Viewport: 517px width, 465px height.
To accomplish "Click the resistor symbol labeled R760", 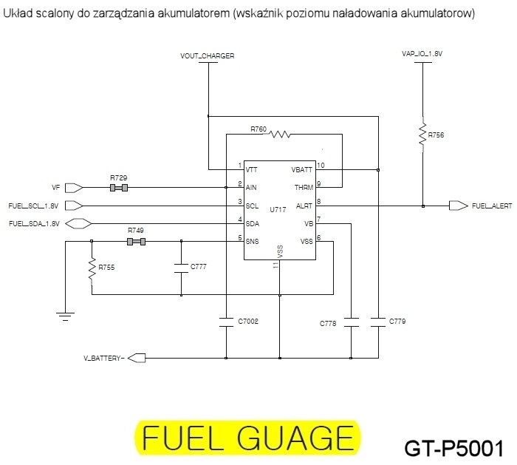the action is coord(280,135).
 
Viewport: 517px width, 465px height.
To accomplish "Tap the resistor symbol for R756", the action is coord(422,135).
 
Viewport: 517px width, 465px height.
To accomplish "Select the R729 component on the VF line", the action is coord(119,188).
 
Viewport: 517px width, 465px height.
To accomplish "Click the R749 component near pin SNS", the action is coord(136,242).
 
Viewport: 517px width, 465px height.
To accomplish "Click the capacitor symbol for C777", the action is coord(181,268).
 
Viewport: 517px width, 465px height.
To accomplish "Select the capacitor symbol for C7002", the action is coord(226,322).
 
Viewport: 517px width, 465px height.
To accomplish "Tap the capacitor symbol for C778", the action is coord(351,322).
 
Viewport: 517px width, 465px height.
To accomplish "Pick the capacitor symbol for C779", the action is coord(378,322).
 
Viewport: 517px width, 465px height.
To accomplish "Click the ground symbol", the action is coord(65,316).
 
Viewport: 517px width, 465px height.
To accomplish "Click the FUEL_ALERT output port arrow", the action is coord(459,206).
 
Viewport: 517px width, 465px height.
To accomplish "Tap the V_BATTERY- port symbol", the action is coord(137,358).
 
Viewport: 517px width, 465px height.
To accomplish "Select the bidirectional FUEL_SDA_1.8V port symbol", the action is coord(78,224).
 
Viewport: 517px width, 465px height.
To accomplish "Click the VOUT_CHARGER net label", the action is coord(207,55).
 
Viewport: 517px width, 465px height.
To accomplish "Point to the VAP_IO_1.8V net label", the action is coord(422,54).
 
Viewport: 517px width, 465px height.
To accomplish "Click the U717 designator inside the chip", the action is coord(278,209).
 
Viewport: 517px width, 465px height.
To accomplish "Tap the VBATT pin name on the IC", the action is coord(301,170).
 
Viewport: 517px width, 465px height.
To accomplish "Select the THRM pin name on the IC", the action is coord(304,188).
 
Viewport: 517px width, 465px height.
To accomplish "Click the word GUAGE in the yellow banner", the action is coord(295,438).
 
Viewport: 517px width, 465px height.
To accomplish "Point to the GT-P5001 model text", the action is coord(454,449).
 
